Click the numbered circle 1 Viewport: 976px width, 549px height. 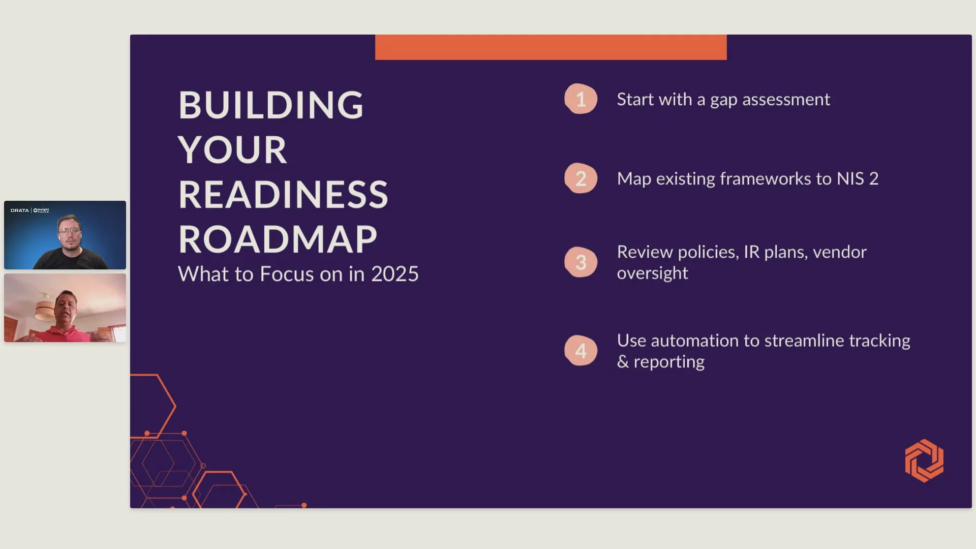(581, 99)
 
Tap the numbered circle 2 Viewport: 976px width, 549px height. (581, 178)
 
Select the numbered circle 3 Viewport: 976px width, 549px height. (581, 262)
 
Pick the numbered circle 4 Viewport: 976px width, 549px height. (581, 350)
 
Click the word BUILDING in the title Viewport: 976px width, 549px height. (271, 105)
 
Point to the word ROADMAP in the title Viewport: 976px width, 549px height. (278, 239)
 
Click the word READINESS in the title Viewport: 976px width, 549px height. (283, 195)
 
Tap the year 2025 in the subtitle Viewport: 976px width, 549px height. (395, 274)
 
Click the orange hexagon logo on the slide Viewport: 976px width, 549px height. (924, 461)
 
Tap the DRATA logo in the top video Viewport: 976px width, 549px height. (20, 210)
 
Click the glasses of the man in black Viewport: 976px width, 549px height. (70, 232)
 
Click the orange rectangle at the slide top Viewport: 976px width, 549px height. (551, 47)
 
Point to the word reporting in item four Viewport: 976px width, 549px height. (669, 362)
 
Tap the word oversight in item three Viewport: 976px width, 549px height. (653, 273)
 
